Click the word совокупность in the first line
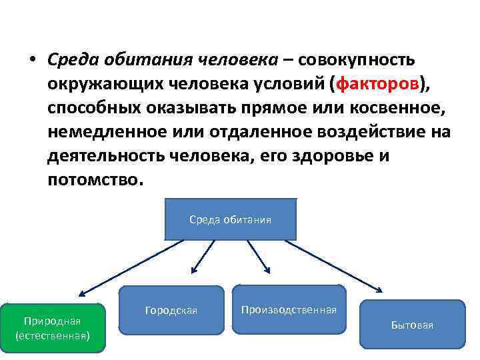[x=357, y=60]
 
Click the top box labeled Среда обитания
[x=230, y=219]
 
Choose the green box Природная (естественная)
[x=53, y=327]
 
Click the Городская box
[x=171, y=311]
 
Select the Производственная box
[x=289, y=309]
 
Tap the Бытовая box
[x=412, y=325]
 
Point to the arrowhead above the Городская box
[x=194, y=271]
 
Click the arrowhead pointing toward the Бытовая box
[x=379, y=291]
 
